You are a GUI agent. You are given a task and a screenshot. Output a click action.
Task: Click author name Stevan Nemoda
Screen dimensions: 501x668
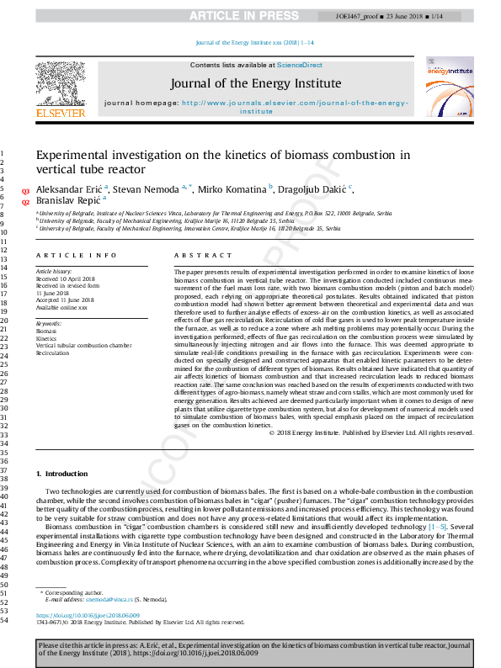tap(147, 190)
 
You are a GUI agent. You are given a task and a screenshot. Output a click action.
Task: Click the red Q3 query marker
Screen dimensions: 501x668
tap(25, 192)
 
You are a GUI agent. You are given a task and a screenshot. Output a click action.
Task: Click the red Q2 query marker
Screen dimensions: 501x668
tap(25, 203)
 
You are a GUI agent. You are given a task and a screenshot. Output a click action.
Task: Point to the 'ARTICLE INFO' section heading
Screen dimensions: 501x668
tap(76, 255)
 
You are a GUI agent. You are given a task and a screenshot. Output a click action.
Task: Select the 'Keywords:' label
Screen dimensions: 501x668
tap(48, 323)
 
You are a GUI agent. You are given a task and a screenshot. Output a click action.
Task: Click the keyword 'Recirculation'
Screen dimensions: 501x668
tap(52, 353)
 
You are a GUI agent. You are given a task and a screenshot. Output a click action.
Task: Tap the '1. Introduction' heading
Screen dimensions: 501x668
tap(62, 474)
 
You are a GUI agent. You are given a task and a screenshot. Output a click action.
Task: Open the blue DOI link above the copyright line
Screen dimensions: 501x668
tap(88, 616)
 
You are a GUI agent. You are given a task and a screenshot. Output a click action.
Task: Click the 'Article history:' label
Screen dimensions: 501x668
tap(54, 273)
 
